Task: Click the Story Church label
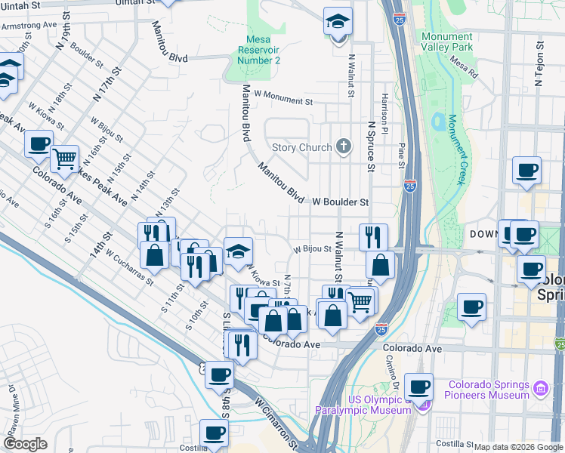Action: click(301, 147)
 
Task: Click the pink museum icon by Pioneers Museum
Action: click(540, 389)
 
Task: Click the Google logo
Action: click(25, 444)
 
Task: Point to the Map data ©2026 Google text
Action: click(517, 447)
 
